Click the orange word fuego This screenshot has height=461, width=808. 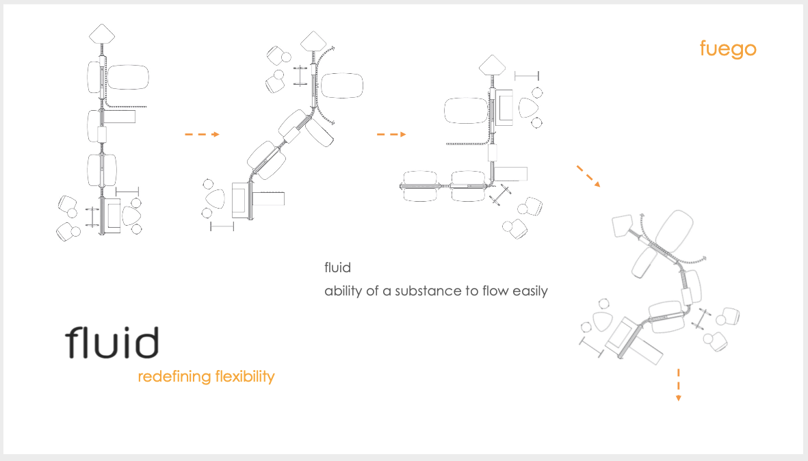click(x=728, y=49)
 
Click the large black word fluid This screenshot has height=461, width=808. click(x=112, y=342)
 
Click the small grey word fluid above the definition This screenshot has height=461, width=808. click(x=337, y=267)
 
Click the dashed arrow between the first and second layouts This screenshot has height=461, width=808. click(x=202, y=135)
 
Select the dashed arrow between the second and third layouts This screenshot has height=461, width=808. click(x=391, y=135)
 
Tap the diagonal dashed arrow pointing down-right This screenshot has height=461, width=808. click(x=588, y=176)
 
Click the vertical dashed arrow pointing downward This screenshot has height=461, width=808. click(x=679, y=385)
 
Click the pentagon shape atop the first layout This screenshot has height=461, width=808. click(x=102, y=34)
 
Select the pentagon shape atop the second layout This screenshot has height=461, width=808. click(x=313, y=41)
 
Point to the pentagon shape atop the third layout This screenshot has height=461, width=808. click(x=492, y=66)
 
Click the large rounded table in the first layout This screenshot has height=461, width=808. click(x=128, y=77)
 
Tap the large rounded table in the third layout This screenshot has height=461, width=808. click(x=466, y=111)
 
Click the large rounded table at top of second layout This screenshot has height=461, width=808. click(x=342, y=85)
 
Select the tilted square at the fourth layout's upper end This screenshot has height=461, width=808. click(x=622, y=226)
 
